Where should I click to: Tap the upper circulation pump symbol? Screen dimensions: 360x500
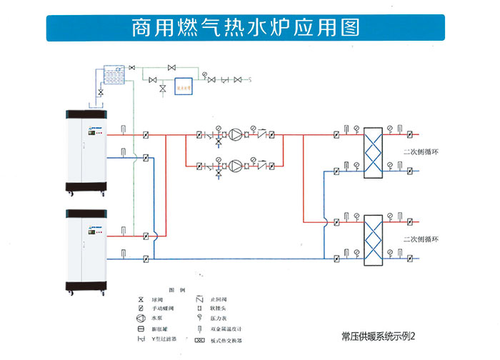pyautogui.click(x=236, y=134)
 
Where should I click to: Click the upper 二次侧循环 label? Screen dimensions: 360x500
pyautogui.click(x=419, y=151)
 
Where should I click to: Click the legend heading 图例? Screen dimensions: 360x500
pyautogui.click(x=176, y=289)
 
